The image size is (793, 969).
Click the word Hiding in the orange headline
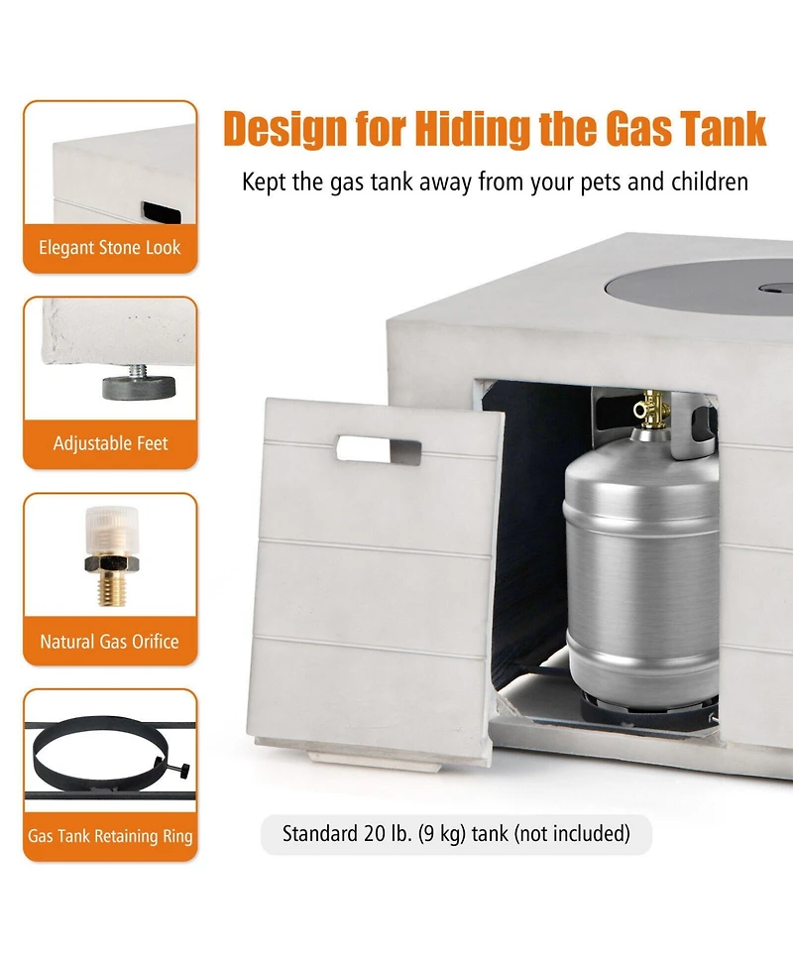pos(472,129)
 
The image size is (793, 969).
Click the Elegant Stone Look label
pos(110,248)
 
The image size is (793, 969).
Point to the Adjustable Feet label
pos(111,443)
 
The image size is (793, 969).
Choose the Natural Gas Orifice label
pos(110,642)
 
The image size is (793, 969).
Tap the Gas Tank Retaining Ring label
pos(111,836)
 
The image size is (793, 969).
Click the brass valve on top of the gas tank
pos(651,409)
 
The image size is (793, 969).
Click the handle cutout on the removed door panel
pos(379,450)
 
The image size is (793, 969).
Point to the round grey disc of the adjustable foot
pos(139,388)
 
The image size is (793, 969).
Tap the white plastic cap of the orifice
pos(112,531)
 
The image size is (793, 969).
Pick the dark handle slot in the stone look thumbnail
pos(162,212)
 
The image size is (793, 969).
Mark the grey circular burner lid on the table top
pos(699,285)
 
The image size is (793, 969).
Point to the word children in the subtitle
pos(710,182)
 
